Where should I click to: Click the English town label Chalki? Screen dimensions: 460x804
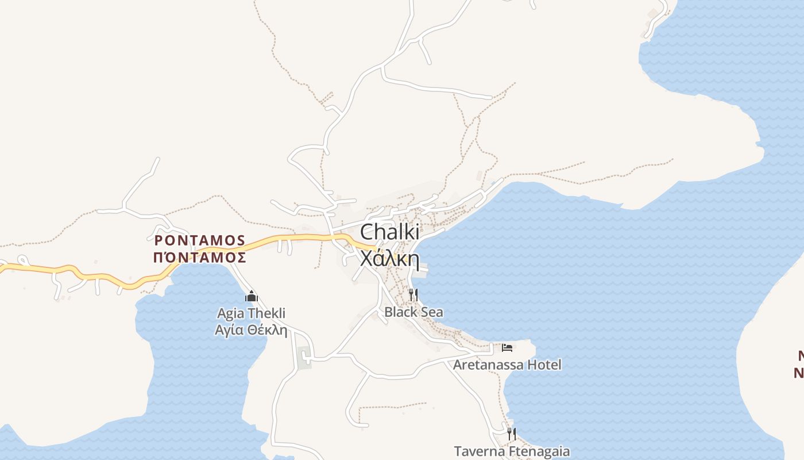(x=389, y=232)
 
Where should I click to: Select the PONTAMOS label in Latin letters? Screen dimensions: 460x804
(x=200, y=240)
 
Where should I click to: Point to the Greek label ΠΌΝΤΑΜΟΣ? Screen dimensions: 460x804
(x=200, y=257)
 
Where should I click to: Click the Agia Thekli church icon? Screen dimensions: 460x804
(x=251, y=297)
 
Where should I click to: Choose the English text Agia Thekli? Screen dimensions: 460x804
(x=251, y=313)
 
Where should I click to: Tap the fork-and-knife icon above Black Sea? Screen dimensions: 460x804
(x=413, y=295)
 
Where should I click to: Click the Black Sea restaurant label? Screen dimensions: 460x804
(x=413, y=312)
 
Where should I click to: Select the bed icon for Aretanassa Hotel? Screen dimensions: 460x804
(x=507, y=347)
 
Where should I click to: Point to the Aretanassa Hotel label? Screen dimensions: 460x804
(x=507, y=365)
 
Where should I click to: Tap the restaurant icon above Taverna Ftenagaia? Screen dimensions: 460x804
(x=511, y=434)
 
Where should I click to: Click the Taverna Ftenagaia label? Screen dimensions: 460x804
(x=512, y=451)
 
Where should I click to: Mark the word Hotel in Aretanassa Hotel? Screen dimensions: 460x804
(x=544, y=365)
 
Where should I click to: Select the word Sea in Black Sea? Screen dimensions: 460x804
(x=432, y=312)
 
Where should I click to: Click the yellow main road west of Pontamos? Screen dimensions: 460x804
(x=86, y=275)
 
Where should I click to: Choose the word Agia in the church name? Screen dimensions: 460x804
(x=230, y=313)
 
